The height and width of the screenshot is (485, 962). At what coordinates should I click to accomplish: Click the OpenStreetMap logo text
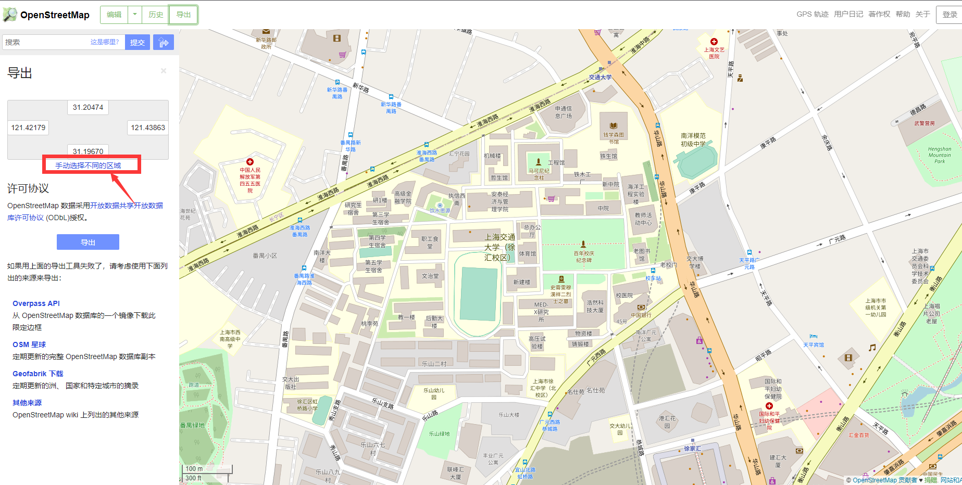(54, 15)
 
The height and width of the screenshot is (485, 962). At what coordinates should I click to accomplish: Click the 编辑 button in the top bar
(114, 15)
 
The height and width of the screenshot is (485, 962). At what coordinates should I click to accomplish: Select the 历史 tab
(156, 15)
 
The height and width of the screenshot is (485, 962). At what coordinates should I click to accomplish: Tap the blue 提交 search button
(138, 43)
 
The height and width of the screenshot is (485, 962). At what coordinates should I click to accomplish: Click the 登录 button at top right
(949, 15)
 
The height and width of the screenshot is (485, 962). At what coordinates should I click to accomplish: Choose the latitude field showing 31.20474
(88, 107)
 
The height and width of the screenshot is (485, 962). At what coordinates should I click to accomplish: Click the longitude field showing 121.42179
(28, 127)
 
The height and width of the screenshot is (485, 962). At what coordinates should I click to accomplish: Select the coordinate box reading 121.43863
(147, 127)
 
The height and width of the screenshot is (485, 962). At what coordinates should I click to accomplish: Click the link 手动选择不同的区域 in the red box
(88, 165)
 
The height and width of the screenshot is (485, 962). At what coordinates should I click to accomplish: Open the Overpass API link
(36, 303)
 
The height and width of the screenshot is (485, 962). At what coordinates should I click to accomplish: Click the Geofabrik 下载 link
(38, 374)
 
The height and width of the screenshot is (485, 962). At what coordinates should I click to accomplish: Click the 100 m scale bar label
(194, 469)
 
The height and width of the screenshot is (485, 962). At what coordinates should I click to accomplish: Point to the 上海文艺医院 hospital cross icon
(714, 42)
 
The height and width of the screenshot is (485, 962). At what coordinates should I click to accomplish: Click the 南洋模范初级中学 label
(693, 139)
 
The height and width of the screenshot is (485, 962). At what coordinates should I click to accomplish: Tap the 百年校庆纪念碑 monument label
(584, 257)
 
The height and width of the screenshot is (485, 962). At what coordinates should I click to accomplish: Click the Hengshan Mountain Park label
(939, 155)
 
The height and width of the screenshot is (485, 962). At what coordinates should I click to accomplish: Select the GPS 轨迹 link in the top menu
(812, 14)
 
